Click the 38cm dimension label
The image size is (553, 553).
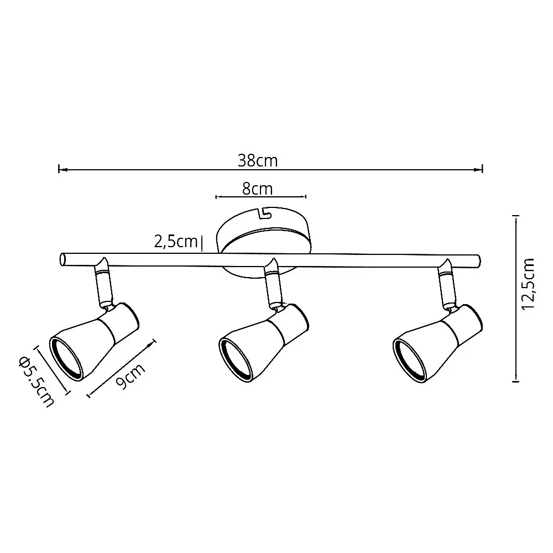coord(258,161)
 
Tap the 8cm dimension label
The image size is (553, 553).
coord(258,189)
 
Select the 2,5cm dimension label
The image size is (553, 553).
coord(176,242)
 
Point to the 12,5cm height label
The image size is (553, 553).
coord(529,284)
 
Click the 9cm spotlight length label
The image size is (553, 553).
coord(131,376)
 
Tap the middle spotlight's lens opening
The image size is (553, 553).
coord(235,360)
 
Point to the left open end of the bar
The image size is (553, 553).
coord(62,259)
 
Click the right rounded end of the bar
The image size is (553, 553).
coord(478,262)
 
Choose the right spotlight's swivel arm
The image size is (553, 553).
coord(447,284)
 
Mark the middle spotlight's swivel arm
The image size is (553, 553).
coord(274,284)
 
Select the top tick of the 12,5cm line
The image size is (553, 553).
coord(517,216)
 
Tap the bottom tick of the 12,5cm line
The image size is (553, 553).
coord(516,380)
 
